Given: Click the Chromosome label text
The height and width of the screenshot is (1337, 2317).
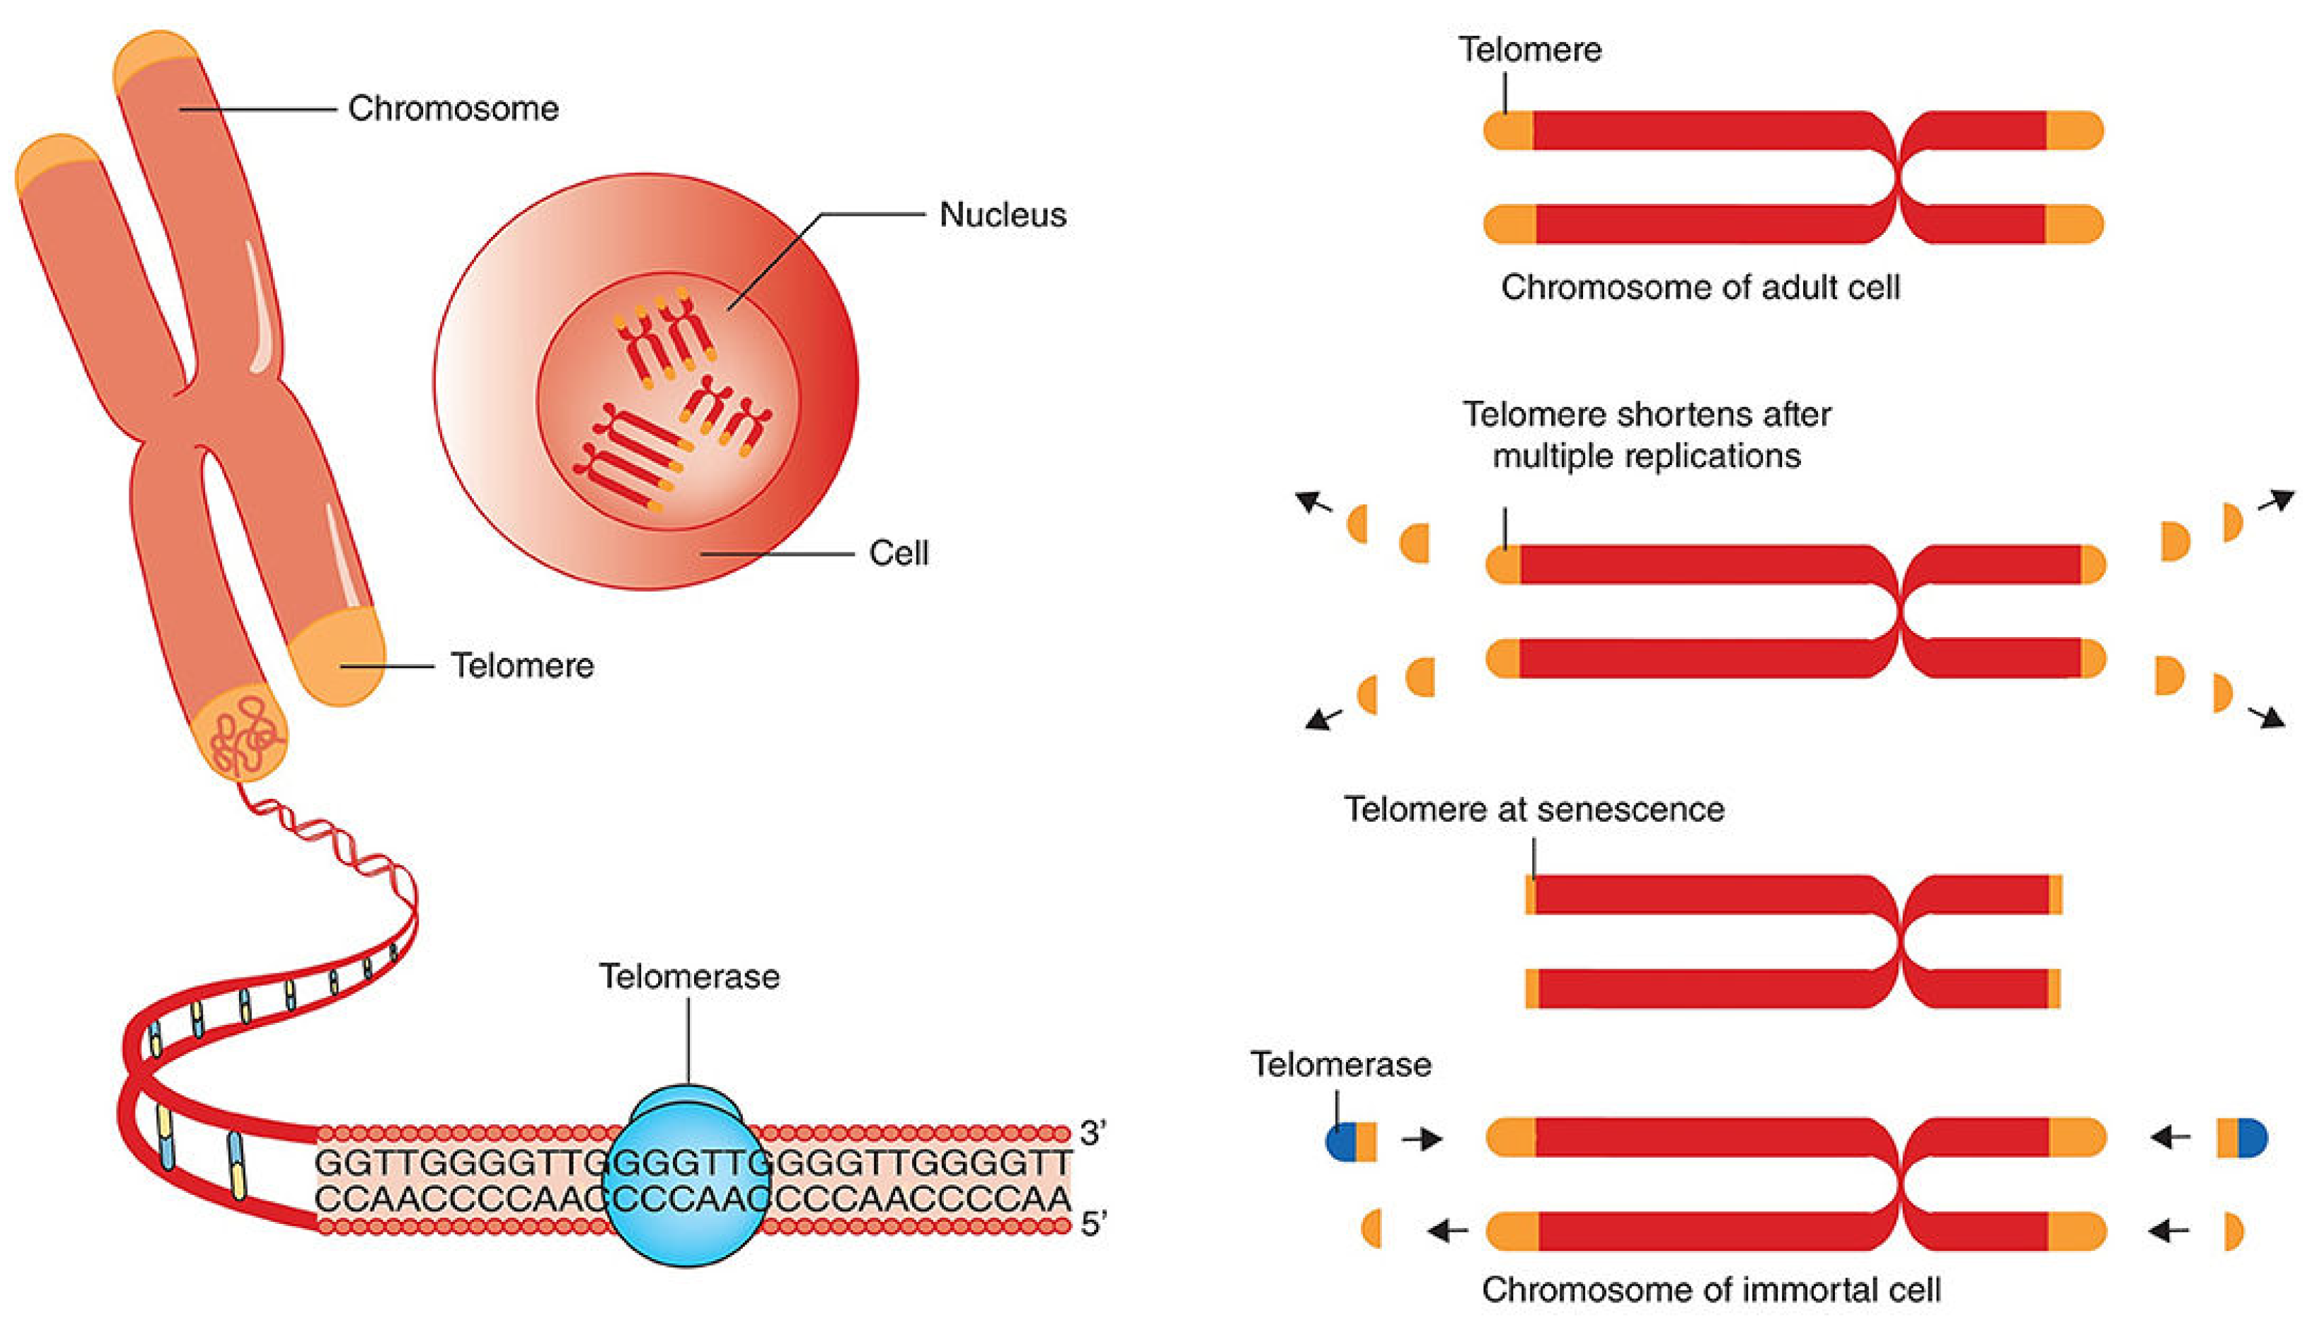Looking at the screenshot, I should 453,108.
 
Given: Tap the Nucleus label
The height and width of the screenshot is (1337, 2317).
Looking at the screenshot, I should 1002,215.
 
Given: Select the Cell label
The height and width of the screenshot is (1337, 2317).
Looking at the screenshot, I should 898,553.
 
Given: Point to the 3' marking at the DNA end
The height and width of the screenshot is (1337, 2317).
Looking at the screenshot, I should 1092,1133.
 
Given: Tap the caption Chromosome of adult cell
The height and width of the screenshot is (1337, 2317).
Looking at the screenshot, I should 1700,288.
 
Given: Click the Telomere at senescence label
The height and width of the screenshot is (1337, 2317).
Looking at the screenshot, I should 1534,809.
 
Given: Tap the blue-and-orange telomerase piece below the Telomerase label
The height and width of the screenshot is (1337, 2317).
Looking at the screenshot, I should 1351,1141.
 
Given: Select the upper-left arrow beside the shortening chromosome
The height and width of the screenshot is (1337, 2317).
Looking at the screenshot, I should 1314,502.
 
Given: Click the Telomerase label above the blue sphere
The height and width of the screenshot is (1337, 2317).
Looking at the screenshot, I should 689,976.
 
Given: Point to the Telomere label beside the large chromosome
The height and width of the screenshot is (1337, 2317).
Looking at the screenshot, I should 521,665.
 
